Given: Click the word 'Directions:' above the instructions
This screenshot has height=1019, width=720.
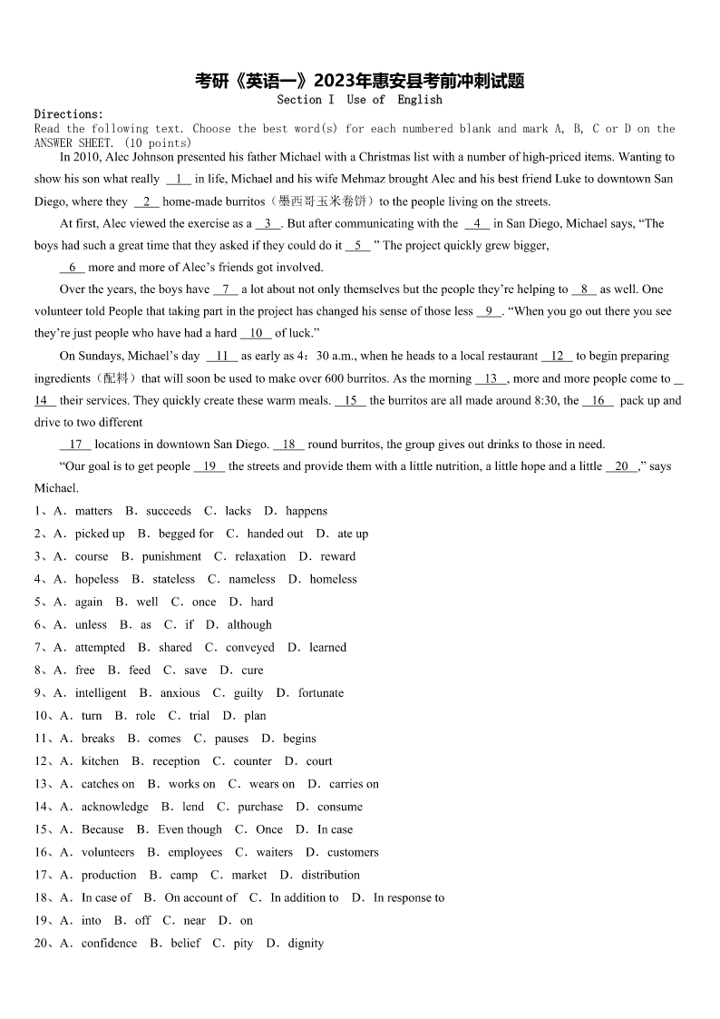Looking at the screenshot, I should point(69,114).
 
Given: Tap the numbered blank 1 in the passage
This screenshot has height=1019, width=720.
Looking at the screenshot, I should point(178,180).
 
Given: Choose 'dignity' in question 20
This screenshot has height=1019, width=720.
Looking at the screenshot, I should point(306,943).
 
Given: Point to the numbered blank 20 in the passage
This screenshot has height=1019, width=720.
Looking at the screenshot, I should point(621,466).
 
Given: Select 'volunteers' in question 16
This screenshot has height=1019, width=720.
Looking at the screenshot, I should point(108,852).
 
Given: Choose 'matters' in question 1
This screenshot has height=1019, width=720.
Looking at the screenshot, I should point(93,511).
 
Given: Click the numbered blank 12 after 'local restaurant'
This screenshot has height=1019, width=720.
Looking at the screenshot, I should point(557,357).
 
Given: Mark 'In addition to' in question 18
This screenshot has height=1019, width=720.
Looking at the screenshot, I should point(304,897).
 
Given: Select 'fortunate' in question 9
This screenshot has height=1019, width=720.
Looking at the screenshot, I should point(321,692).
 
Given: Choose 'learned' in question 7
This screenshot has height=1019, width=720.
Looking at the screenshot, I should point(327,647).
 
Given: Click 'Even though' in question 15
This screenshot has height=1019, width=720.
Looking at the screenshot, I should point(190,829).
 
